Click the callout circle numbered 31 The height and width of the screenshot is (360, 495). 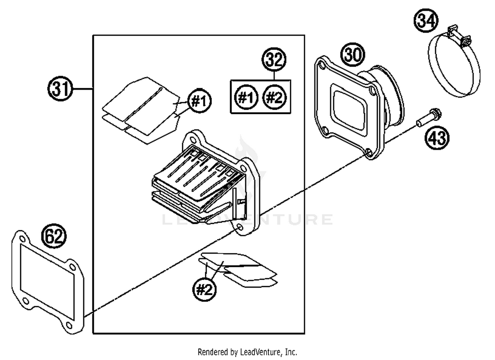pyautogui.click(x=60, y=89)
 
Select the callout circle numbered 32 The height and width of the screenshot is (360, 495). pyautogui.click(x=274, y=59)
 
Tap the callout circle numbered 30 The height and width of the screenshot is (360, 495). pyautogui.click(x=353, y=54)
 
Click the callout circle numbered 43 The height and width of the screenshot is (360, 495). pyautogui.click(x=437, y=137)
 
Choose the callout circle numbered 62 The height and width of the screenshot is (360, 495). pyautogui.click(x=53, y=236)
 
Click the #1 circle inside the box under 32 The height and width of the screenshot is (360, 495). pyautogui.click(x=246, y=97)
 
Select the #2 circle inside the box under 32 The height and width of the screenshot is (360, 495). pyautogui.click(x=274, y=97)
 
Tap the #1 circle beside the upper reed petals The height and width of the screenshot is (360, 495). pyautogui.click(x=200, y=101)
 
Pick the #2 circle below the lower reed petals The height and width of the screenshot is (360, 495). pyautogui.click(x=204, y=290)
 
